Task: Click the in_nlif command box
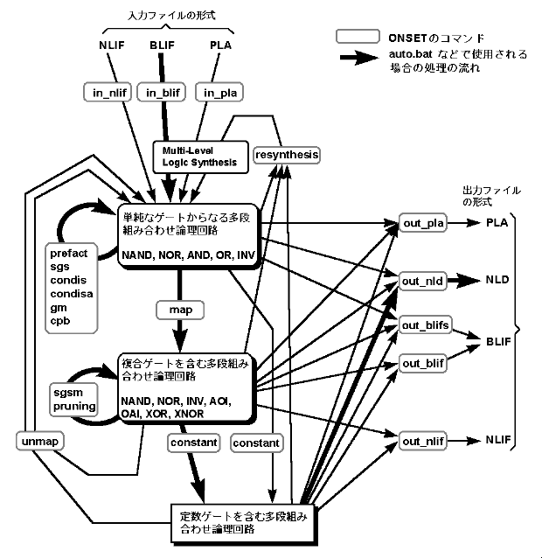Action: click(x=108, y=90)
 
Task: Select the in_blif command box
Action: click(x=162, y=90)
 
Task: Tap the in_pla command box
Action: click(x=216, y=90)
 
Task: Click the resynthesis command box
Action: click(x=286, y=156)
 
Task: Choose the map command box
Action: click(x=180, y=310)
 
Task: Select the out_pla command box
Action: click(x=424, y=224)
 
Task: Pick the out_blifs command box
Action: click(x=426, y=325)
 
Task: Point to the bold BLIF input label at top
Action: click(x=163, y=45)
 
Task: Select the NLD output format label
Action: click(x=499, y=280)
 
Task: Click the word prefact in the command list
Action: click(x=69, y=254)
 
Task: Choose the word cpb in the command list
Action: click(x=59, y=321)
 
